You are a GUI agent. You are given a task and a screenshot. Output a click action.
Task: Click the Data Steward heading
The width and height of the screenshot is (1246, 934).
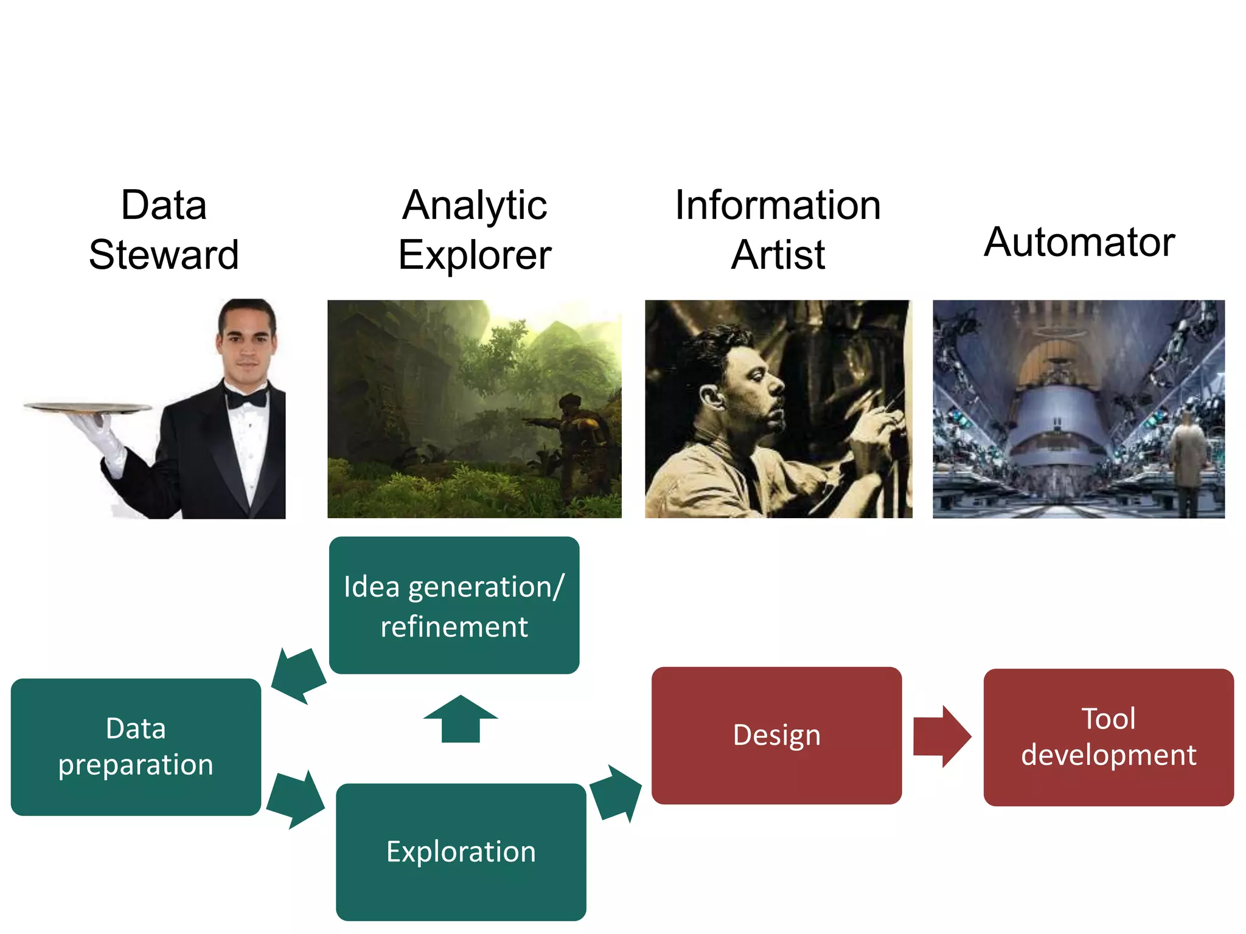click(x=163, y=230)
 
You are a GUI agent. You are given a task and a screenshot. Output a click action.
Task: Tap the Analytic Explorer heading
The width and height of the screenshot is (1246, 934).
click(x=475, y=230)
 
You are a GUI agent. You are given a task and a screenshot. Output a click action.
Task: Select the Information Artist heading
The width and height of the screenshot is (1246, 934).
click(x=778, y=230)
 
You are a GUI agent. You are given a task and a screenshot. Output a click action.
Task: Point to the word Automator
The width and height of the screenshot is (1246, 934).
click(x=1079, y=242)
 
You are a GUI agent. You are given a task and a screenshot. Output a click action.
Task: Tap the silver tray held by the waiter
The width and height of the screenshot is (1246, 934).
click(x=88, y=407)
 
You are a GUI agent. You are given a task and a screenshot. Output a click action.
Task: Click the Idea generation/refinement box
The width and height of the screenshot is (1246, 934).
click(x=454, y=606)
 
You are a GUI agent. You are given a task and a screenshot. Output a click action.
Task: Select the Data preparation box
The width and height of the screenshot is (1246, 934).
click(x=136, y=747)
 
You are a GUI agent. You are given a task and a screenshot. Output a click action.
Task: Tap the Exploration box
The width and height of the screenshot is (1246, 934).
click(x=461, y=851)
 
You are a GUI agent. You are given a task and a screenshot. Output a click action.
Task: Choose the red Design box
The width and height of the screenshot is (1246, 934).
click(x=776, y=735)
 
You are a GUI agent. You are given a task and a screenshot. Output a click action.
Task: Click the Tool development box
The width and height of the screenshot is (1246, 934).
click(x=1108, y=737)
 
